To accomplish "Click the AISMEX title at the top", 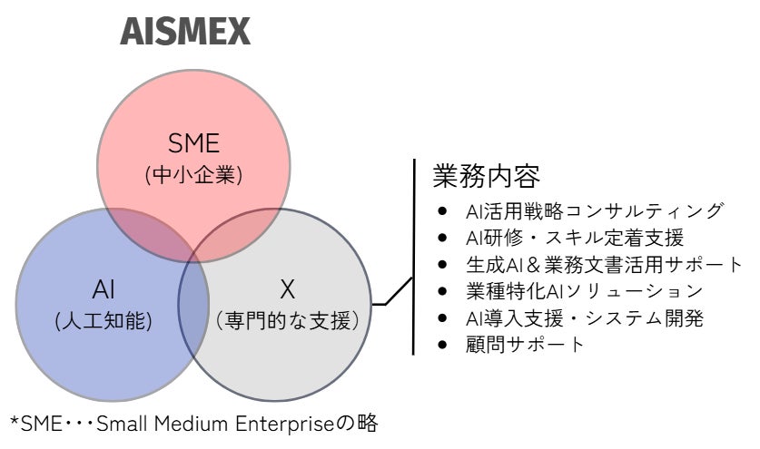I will pos(185,33).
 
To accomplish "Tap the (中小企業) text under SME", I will pos(194,175).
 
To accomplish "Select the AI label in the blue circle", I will pos(104,289).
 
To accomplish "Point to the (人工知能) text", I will pos(104,320).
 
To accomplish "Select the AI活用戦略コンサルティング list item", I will pos(594,211).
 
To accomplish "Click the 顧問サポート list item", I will pos(525,345).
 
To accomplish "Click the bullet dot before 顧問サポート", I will pos(442,346).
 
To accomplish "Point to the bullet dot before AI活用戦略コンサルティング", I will pos(442,211).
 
